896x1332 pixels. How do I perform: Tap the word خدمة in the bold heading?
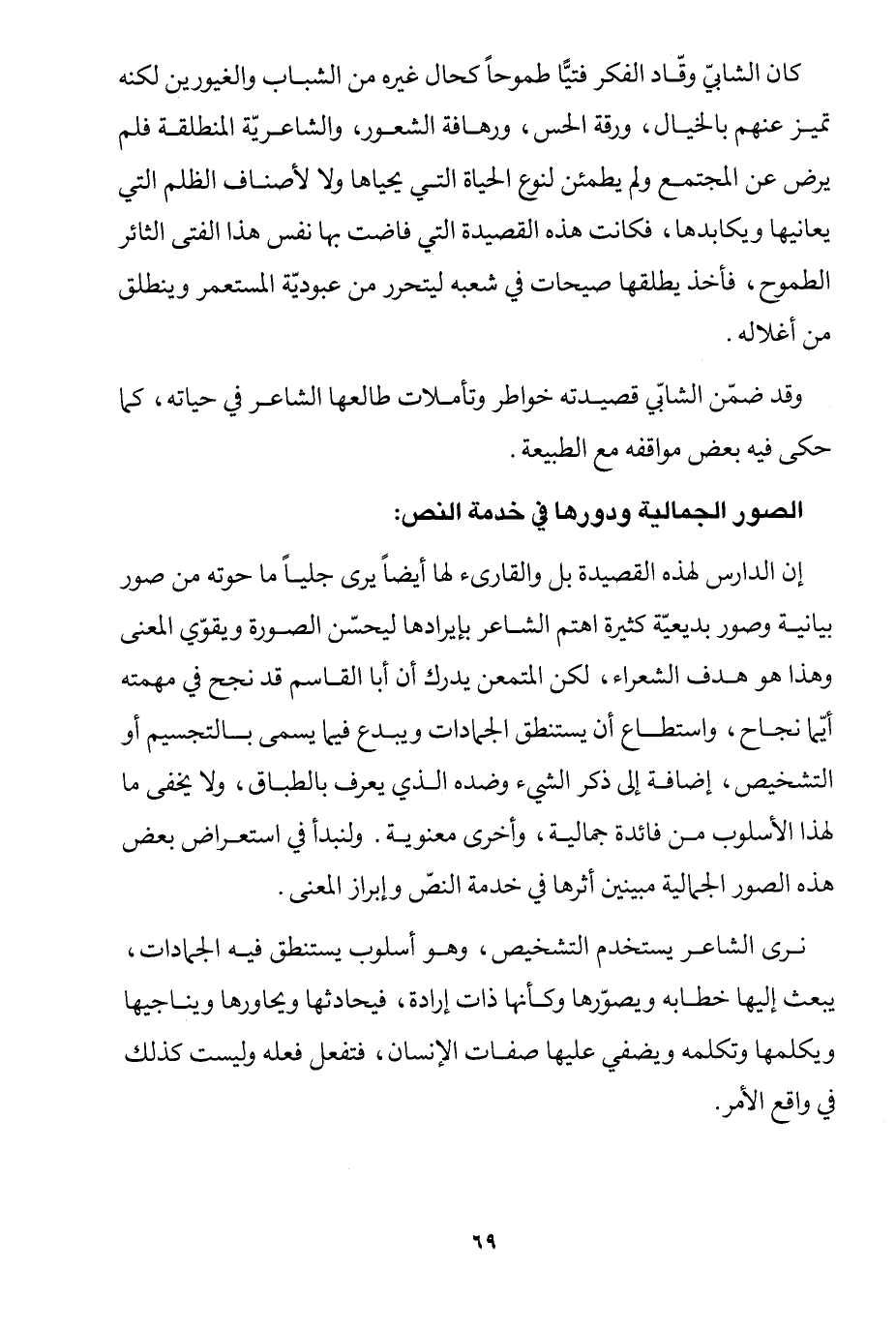coord(490,513)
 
